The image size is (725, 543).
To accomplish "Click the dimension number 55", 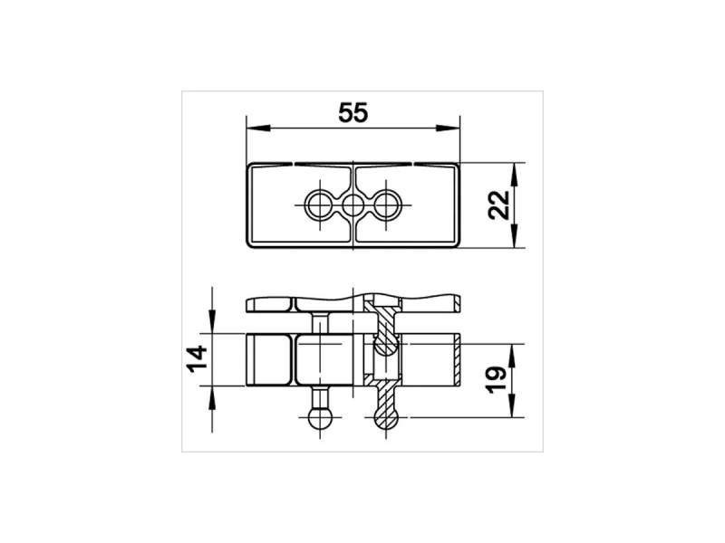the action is (x=353, y=113).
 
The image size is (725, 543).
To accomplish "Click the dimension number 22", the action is (x=499, y=205).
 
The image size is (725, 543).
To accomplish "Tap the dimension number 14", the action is (x=197, y=358).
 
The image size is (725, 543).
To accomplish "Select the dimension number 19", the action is (x=497, y=380).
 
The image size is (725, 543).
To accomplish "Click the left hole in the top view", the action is (x=319, y=205).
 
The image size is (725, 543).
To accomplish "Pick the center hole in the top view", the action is (x=353, y=205).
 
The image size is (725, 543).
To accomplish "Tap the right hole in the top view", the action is (x=387, y=205).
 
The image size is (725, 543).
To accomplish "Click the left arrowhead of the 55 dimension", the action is (x=258, y=128).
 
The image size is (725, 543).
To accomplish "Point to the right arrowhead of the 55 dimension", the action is (x=448, y=128).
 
